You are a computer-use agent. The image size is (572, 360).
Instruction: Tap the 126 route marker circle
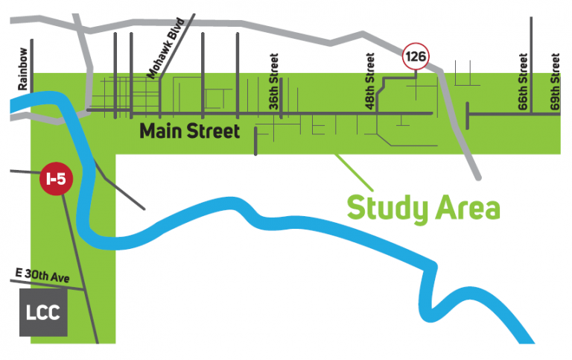(x=415, y=56)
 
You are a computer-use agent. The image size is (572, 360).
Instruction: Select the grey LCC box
(x=43, y=314)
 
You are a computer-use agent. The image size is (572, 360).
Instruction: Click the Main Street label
(x=190, y=132)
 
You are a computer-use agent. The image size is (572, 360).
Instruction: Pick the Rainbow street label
(x=23, y=69)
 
